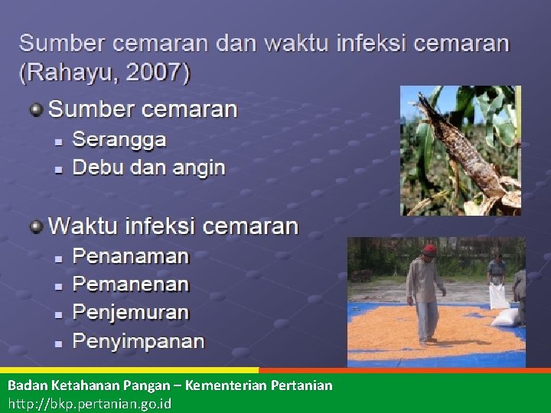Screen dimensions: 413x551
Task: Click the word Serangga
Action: [119, 140]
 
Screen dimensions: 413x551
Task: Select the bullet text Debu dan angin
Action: [148, 167]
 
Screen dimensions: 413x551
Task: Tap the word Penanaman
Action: [130, 255]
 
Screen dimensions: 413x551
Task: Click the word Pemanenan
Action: [130, 284]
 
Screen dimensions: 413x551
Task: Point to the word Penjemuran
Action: [130, 312]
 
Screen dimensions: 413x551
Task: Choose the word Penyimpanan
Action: [138, 341]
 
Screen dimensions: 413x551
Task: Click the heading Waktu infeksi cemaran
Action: [173, 226]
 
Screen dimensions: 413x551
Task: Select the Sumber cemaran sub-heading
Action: [143, 109]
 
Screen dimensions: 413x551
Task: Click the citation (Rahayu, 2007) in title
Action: [105, 73]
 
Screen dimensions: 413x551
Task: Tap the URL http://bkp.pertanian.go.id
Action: [90, 402]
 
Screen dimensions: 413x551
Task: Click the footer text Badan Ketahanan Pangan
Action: [85, 385]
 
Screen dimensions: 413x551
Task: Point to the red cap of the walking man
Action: [430, 249]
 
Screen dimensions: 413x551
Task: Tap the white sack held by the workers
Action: [498, 295]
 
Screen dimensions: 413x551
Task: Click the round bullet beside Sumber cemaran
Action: [36, 109]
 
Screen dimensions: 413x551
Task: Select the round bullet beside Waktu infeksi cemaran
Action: [36, 226]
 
